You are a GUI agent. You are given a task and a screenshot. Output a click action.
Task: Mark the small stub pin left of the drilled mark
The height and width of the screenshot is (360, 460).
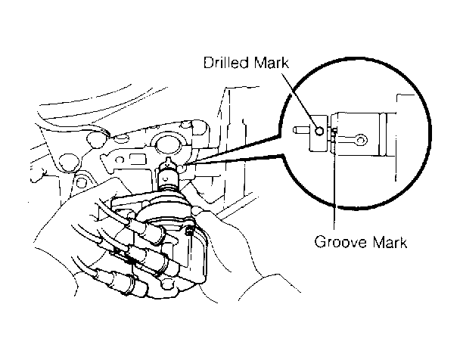300,131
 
